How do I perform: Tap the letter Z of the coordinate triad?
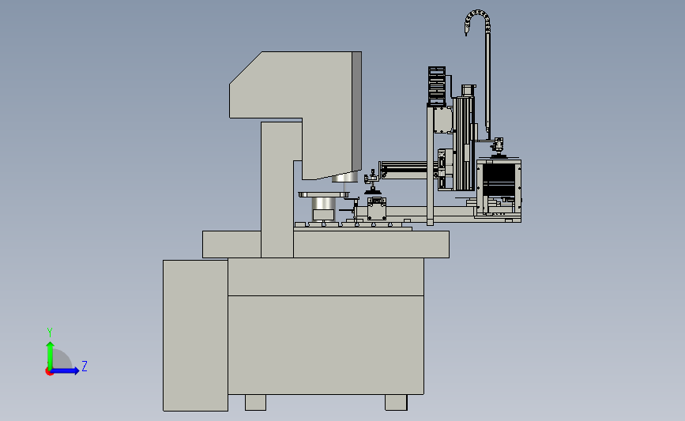(85, 366)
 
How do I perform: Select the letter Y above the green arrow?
(50, 333)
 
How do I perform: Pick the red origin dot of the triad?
(49, 371)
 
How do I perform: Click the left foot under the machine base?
(255, 402)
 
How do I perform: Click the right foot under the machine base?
(396, 402)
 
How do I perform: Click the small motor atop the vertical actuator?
(469, 90)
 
